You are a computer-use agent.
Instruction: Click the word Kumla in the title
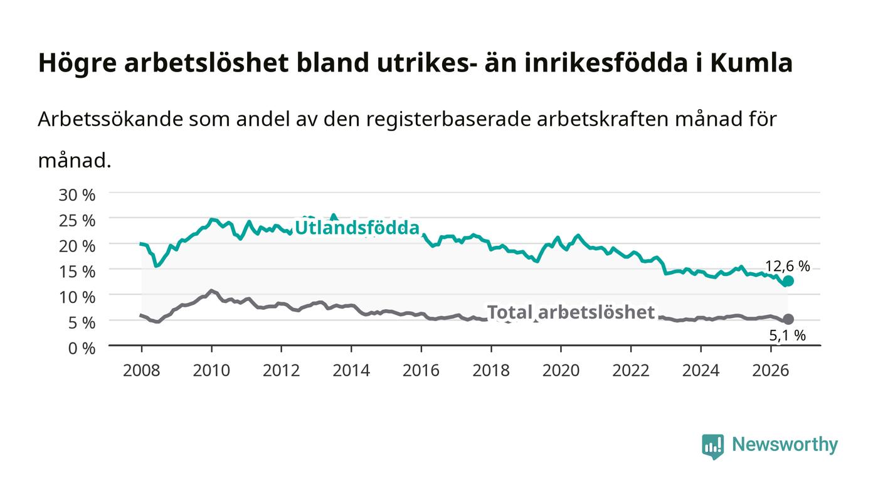751,63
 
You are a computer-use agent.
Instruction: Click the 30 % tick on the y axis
77,195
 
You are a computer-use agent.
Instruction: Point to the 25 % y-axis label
77,221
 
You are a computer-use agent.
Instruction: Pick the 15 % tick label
77,272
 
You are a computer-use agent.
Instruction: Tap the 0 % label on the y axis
82,348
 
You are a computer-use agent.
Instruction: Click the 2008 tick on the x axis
142,371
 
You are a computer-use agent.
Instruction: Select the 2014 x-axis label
351,371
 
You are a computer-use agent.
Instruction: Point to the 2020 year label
561,371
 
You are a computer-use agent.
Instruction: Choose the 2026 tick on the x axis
771,371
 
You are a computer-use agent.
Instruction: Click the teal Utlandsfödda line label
357,228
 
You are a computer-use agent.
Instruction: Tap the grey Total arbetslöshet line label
571,312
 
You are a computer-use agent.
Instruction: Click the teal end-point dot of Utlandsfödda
788,281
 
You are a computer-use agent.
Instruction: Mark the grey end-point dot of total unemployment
788,319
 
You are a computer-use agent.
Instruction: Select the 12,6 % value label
788,267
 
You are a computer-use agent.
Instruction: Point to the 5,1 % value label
788,336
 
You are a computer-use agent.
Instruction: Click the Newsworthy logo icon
713,447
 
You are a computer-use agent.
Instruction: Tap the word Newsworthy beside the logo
785,445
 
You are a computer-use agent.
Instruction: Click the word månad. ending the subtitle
75,161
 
